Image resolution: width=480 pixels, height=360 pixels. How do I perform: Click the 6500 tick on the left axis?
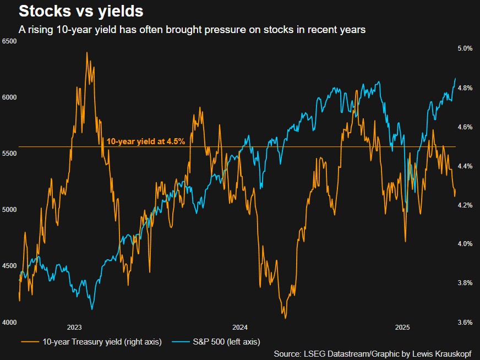10,41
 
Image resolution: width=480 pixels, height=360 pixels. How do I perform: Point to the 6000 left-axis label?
10,97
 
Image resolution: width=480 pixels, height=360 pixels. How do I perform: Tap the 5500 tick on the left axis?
10,154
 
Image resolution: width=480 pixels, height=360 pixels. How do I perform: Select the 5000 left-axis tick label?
10,210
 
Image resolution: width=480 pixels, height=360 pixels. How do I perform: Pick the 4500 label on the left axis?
10,266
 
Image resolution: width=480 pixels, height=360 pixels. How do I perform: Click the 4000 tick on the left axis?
10,322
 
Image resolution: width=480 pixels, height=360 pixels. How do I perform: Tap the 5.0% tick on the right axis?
465,48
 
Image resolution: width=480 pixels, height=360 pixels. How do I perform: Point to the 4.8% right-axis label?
465,88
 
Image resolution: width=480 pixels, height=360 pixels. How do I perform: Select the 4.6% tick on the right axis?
465,127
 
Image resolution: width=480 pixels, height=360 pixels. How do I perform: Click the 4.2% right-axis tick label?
465,205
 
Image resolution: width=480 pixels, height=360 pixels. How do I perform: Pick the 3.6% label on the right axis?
465,323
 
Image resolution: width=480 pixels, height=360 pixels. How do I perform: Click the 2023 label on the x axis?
74,327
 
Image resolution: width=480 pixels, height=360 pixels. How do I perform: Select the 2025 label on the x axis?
403,327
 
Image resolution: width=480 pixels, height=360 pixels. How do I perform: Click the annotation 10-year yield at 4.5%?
145,141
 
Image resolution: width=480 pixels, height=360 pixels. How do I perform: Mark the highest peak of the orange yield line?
87,53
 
